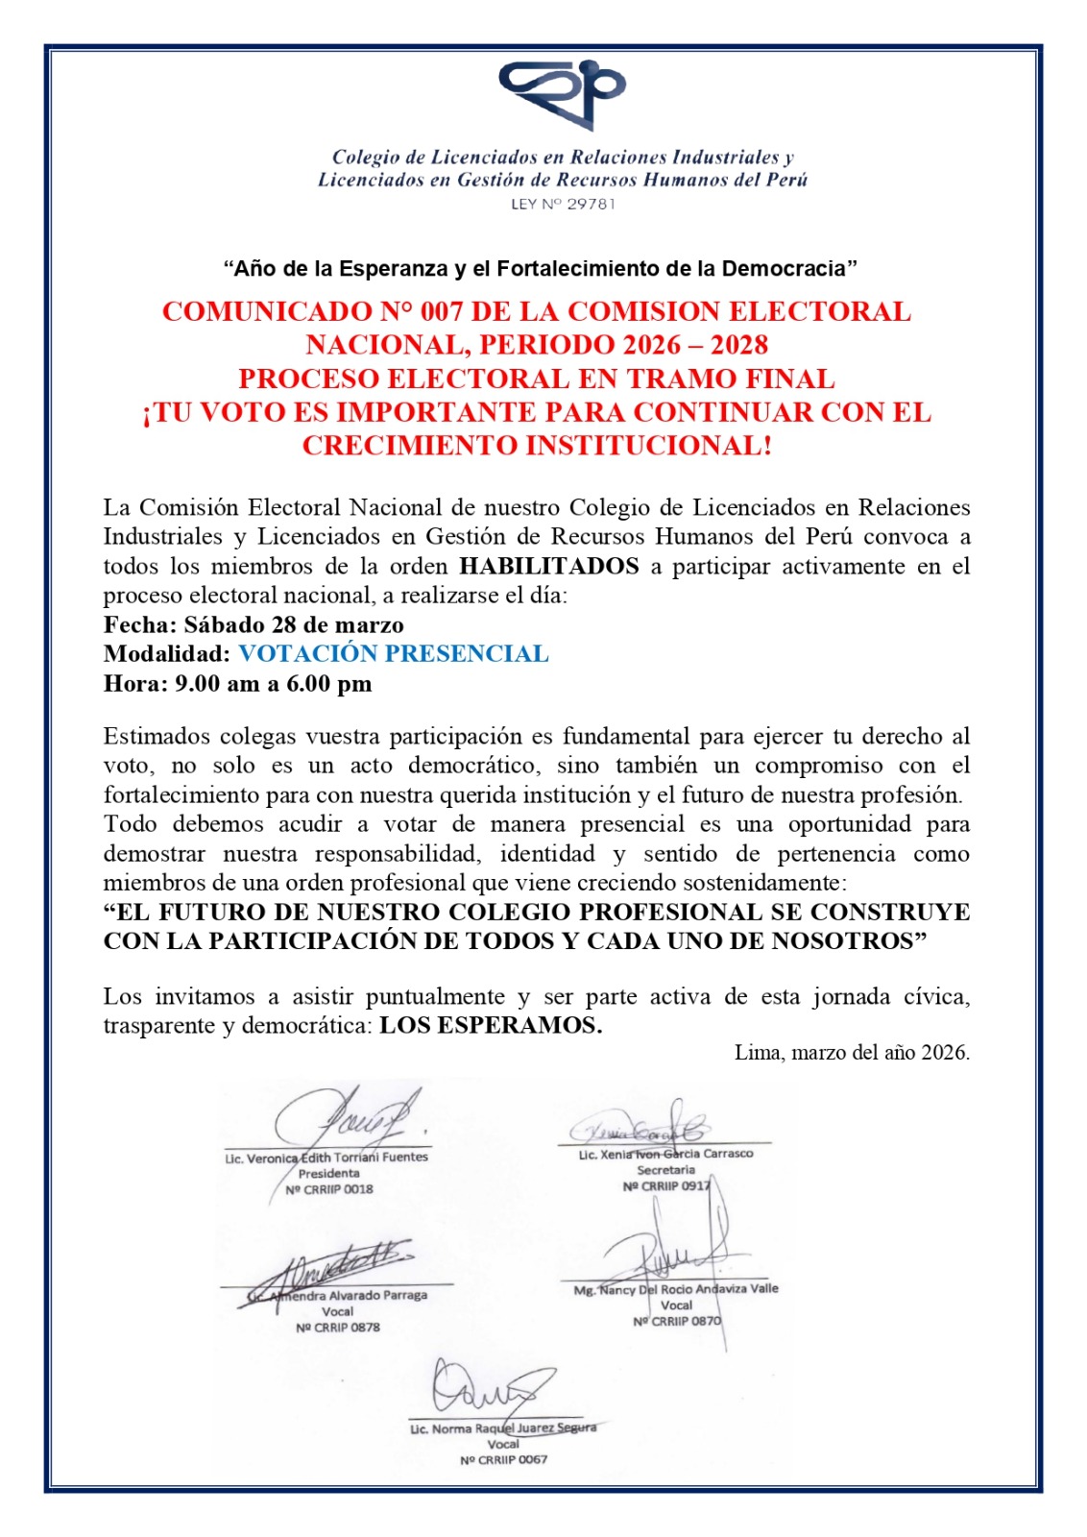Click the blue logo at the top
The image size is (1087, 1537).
(562, 93)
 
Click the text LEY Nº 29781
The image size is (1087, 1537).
(563, 204)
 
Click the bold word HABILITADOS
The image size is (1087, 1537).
(549, 566)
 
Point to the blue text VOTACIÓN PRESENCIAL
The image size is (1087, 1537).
(394, 654)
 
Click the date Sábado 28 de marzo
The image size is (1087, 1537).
(294, 625)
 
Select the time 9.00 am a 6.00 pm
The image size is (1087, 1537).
(274, 684)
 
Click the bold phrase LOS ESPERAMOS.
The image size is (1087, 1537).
(491, 1026)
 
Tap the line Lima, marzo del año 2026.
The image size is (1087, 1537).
(852, 1053)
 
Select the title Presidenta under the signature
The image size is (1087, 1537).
(329, 1173)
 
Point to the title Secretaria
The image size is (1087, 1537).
(665, 1170)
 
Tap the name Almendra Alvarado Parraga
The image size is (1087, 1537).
(348, 1295)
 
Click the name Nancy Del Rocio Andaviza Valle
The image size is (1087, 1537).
(688, 1289)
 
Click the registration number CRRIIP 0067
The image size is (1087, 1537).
(503, 1460)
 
